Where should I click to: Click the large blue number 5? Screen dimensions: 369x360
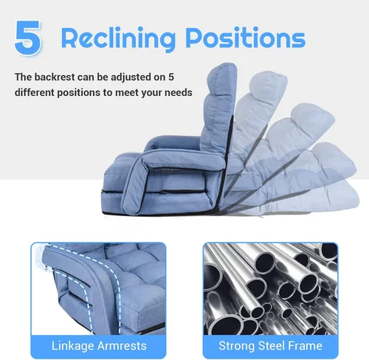click(28, 38)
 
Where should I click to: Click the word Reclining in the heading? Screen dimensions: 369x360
click(118, 38)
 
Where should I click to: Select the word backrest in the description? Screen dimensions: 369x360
click(54, 77)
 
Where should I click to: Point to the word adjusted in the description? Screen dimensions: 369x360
click(131, 77)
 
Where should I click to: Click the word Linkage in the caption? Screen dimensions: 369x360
click(72, 346)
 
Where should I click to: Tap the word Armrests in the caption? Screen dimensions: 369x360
click(122, 346)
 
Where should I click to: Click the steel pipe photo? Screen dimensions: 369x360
click(271, 288)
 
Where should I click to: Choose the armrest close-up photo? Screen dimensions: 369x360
click(98, 288)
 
